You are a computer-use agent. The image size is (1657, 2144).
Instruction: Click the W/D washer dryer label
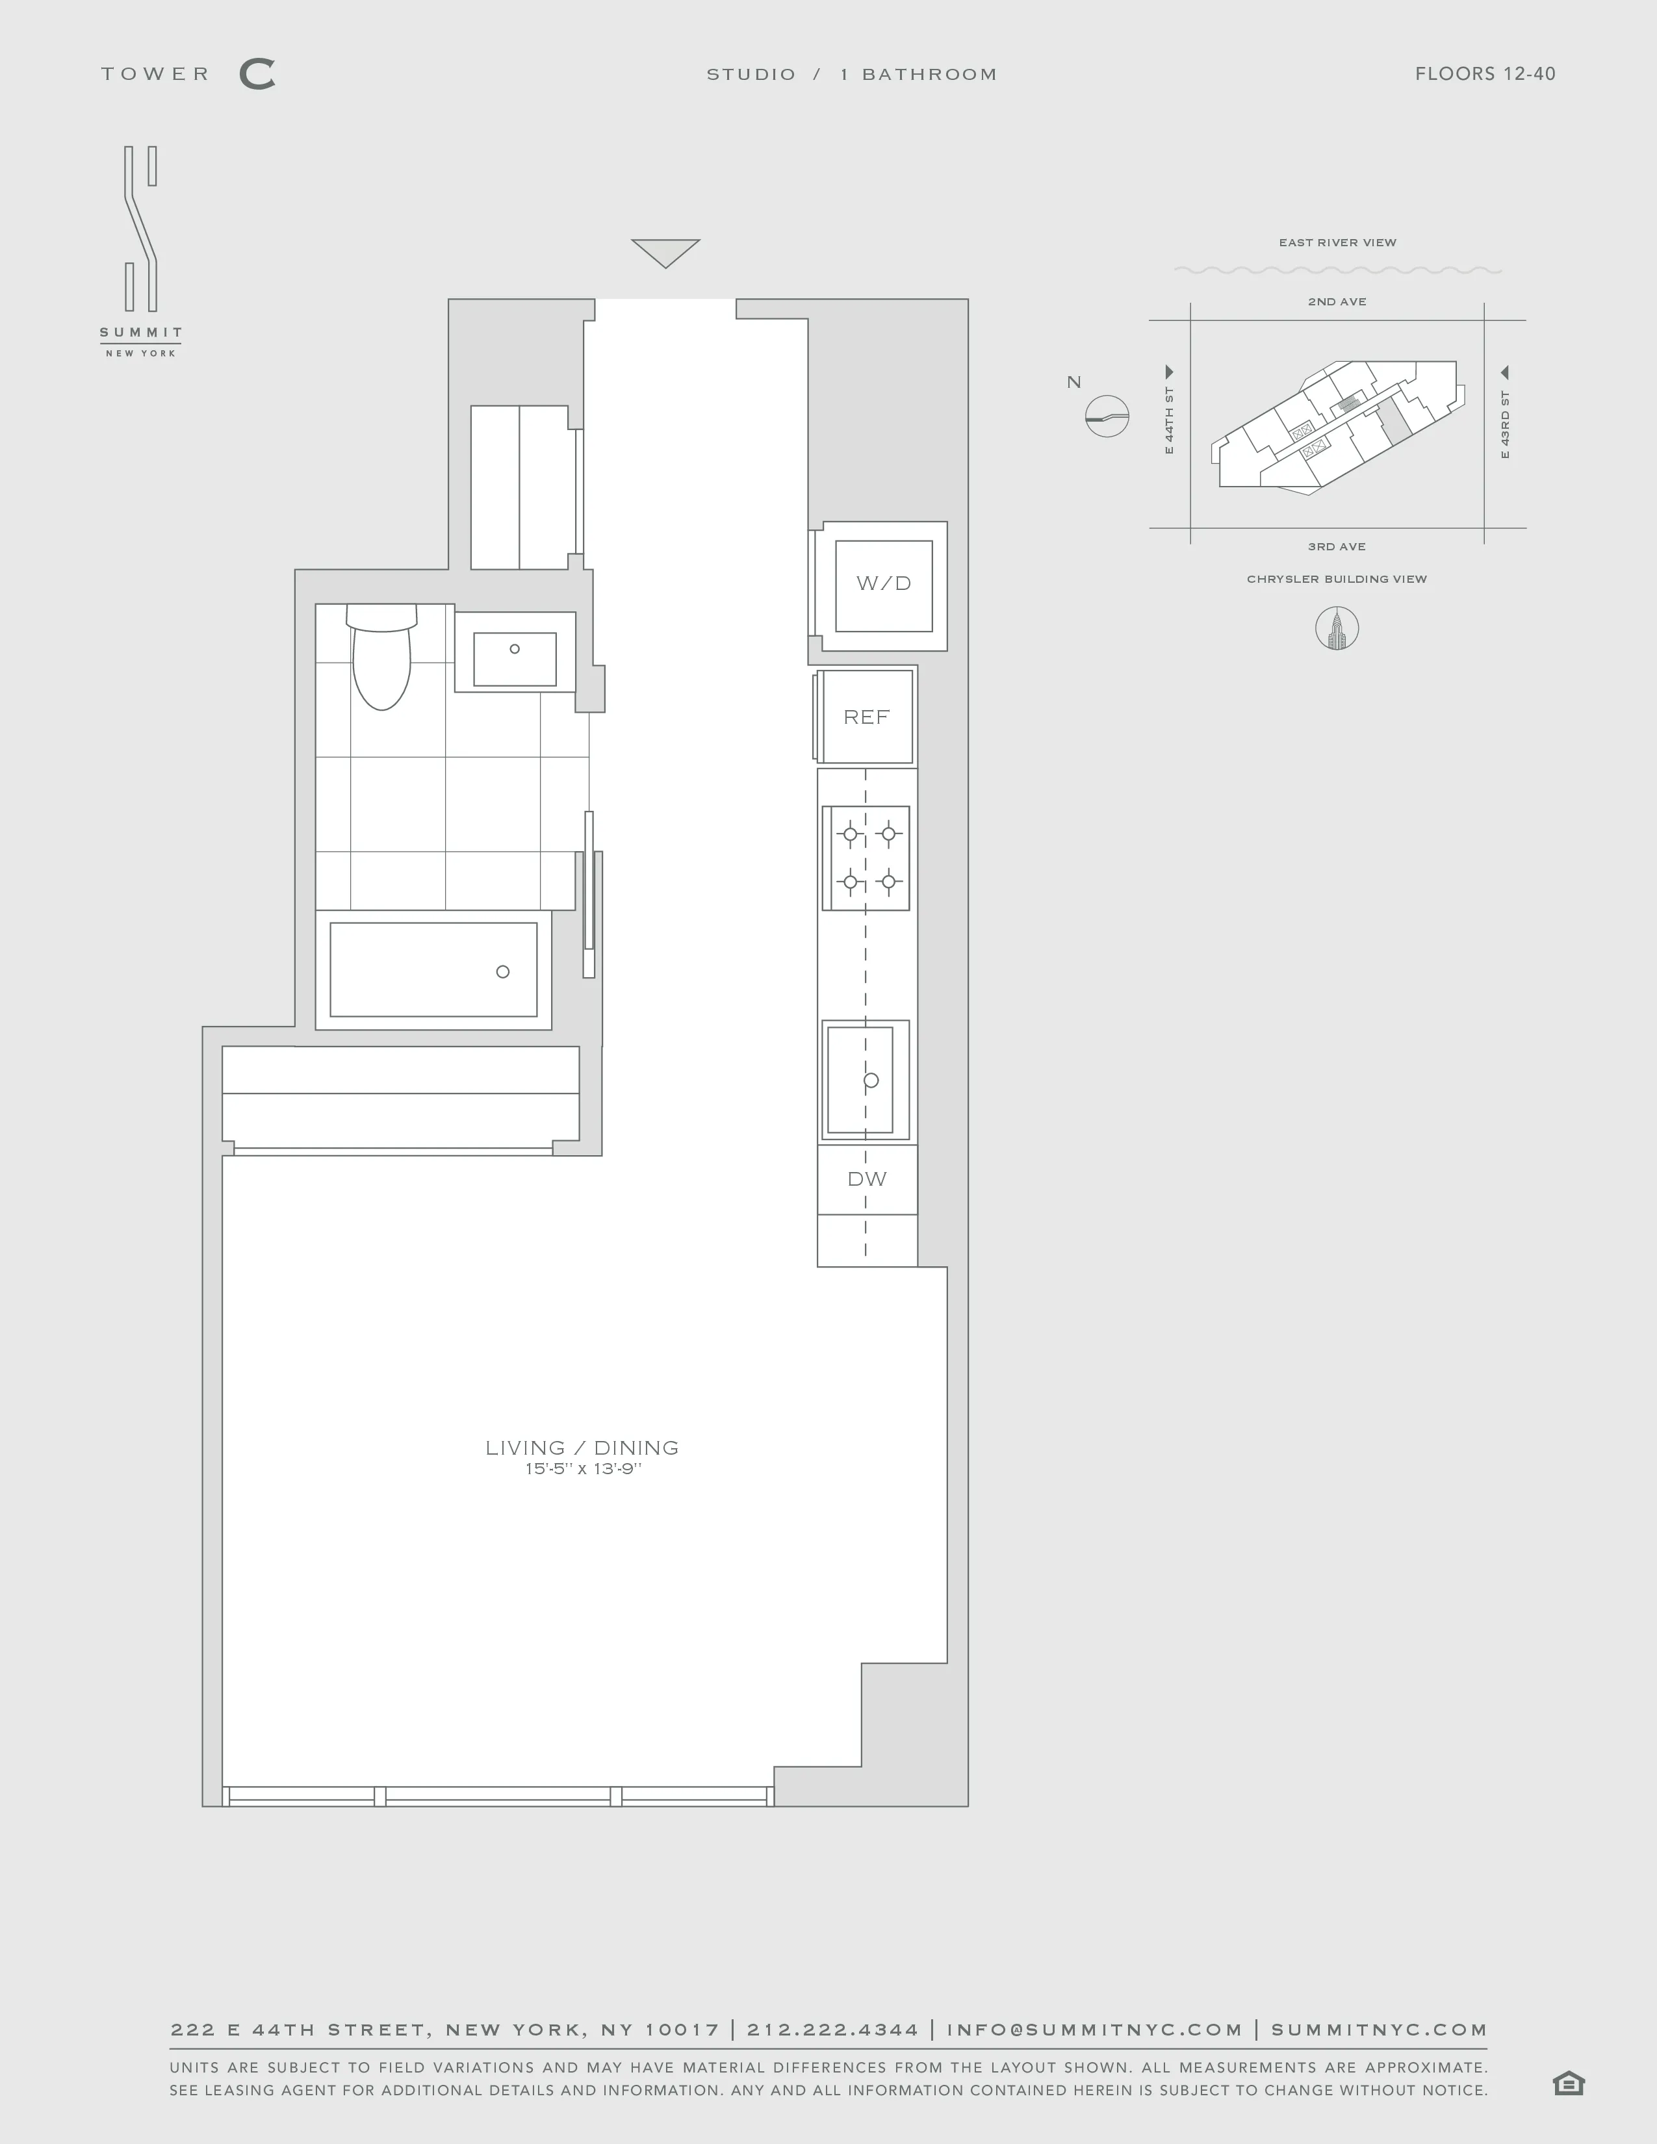pyautogui.click(x=884, y=583)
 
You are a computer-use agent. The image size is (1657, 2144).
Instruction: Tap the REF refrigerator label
pyautogui.click(x=866, y=718)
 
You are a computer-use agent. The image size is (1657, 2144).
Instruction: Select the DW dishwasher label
pyautogui.click(x=867, y=1179)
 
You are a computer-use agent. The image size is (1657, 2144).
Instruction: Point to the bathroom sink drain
pyautogui.click(x=515, y=649)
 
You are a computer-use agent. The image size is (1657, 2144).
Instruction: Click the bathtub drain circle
pyautogui.click(x=502, y=972)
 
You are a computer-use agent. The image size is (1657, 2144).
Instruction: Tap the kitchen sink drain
pyautogui.click(x=871, y=1080)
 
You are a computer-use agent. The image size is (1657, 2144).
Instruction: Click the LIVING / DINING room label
pyautogui.click(x=582, y=1448)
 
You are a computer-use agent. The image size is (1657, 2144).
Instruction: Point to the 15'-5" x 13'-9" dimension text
pyautogui.click(x=582, y=1470)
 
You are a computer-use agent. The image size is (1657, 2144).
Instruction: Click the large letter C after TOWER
pyautogui.click(x=257, y=75)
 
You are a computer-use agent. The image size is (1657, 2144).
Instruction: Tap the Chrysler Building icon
pyautogui.click(x=1336, y=628)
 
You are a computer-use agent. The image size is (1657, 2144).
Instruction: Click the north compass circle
pyautogui.click(x=1107, y=416)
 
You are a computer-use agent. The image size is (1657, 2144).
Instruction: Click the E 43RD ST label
pyautogui.click(x=1505, y=425)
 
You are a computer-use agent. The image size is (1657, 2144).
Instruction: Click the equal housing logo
pyautogui.click(x=1569, y=2083)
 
